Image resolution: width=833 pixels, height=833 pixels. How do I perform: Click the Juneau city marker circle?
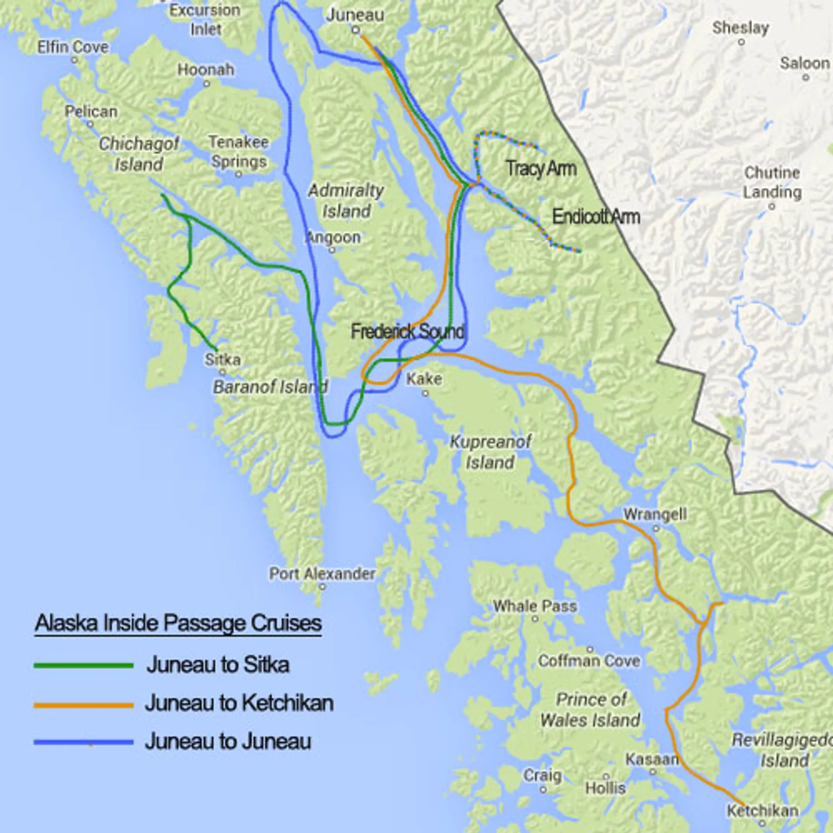tap(355, 30)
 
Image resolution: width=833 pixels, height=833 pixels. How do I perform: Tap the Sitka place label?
tap(223, 360)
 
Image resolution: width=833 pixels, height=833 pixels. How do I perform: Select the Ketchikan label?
tap(763, 810)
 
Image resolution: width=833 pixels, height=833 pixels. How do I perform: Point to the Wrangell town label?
tap(655, 515)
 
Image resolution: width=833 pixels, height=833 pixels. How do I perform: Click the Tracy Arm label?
tap(541, 168)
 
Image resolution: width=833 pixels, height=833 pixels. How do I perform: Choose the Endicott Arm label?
tap(596, 217)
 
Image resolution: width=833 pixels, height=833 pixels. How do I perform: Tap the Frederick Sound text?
tap(407, 331)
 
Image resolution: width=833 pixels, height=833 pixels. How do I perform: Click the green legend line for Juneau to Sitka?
tap(83, 665)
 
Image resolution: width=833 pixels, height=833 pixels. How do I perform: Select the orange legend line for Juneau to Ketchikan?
tap(83, 706)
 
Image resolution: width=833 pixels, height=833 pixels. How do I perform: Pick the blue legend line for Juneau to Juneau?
tap(83, 742)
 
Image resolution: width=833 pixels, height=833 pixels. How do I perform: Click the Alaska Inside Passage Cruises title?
tap(178, 623)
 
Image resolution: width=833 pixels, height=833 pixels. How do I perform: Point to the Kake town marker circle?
tap(425, 394)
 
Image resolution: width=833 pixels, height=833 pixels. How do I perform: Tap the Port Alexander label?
tap(322, 574)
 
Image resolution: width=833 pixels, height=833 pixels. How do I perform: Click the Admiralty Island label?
tap(346, 200)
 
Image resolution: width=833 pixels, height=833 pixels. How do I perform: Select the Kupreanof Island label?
tap(490, 452)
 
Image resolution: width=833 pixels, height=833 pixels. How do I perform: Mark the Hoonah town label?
tap(206, 69)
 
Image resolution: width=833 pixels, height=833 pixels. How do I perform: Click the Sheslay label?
tap(741, 28)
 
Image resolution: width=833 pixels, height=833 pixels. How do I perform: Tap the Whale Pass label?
tap(535, 606)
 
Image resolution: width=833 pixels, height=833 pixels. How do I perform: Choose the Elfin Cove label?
tap(73, 47)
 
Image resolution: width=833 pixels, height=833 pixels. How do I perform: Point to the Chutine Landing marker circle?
tap(771, 207)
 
